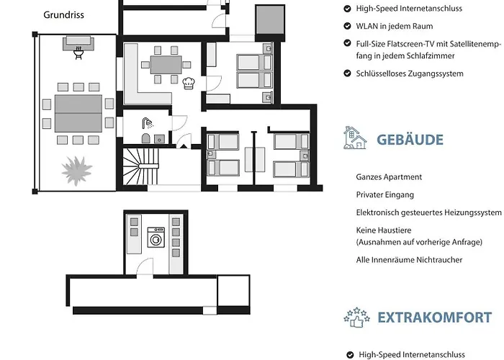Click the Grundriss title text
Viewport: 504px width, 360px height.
coord(63,15)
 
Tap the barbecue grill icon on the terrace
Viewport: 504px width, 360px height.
coord(78,53)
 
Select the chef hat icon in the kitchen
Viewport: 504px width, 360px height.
coord(189,83)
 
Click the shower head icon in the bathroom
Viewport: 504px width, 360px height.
coord(148,123)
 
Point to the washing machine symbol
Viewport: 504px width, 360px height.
coord(156,237)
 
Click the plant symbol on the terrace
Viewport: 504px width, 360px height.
coord(77,171)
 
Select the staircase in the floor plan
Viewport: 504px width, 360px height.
coord(141,166)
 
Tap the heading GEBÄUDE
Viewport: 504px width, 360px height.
coord(410,140)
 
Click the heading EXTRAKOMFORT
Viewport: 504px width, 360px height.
coord(435,318)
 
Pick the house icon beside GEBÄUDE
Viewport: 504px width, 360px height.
coord(355,138)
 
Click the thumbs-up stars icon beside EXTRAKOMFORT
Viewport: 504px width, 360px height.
coord(356,318)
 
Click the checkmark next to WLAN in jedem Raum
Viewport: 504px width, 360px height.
coord(347,26)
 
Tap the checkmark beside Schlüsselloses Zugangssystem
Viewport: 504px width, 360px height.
coord(347,73)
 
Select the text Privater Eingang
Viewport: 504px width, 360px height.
coord(384,195)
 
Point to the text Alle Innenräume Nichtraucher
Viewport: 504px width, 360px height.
coord(409,260)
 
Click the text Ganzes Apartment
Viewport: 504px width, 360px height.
coord(389,177)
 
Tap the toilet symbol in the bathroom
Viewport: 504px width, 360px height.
coord(146,138)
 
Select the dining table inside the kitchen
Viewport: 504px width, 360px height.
coord(166,65)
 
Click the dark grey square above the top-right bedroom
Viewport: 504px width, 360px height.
coord(270,19)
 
